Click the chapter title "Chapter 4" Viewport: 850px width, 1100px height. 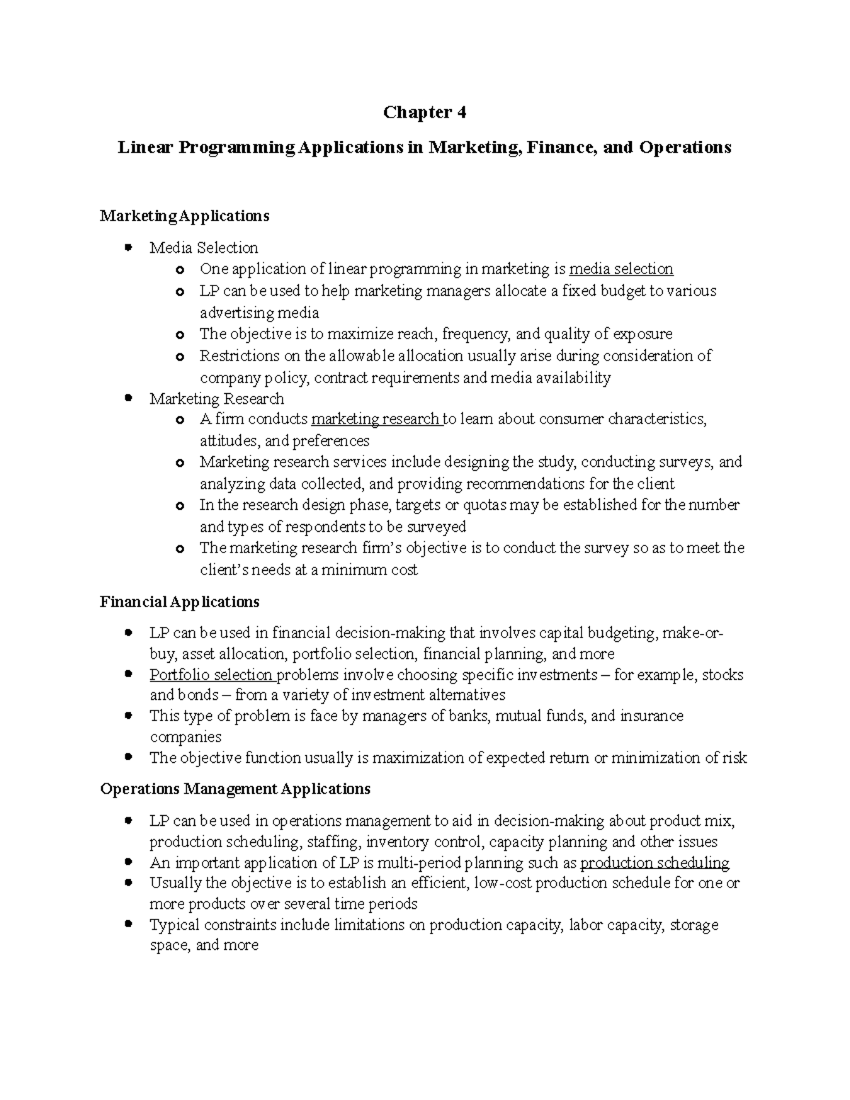(x=424, y=113)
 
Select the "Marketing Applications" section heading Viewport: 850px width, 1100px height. (x=184, y=215)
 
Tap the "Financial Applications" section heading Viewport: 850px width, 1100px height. (x=179, y=602)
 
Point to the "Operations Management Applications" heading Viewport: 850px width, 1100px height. (x=234, y=788)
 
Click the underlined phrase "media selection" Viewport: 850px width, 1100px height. (x=621, y=269)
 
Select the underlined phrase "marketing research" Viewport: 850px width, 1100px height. (x=376, y=419)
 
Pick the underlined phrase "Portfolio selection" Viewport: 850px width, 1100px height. (x=211, y=675)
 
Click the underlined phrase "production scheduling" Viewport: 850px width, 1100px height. (x=654, y=863)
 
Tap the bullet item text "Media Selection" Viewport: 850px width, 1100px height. (x=203, y=248)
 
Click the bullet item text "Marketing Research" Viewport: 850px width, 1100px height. (x=216, y=399)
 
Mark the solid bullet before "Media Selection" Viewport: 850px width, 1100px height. (x=128, y=248)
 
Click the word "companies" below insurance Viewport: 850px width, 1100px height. (x=186, y=737)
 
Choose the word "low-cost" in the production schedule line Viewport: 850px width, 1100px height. (x=504, y=883)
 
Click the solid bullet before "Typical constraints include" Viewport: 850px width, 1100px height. (x=128, y=925)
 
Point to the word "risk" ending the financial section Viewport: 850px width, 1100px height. (x=735, y=758)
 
